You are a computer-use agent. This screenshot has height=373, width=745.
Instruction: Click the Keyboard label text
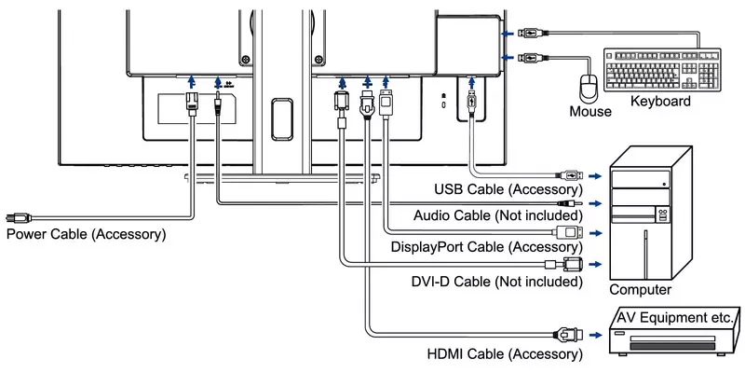pos(660,101)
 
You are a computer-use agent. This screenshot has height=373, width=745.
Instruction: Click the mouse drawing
pos(589,89)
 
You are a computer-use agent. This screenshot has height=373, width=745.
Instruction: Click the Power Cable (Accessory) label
pos(87,233)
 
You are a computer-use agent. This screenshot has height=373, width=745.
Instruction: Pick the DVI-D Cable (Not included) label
pos(498,281)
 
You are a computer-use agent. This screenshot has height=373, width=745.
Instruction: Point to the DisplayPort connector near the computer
pos(565,231)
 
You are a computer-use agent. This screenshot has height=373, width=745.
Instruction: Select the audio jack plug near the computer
pos(566,201)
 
